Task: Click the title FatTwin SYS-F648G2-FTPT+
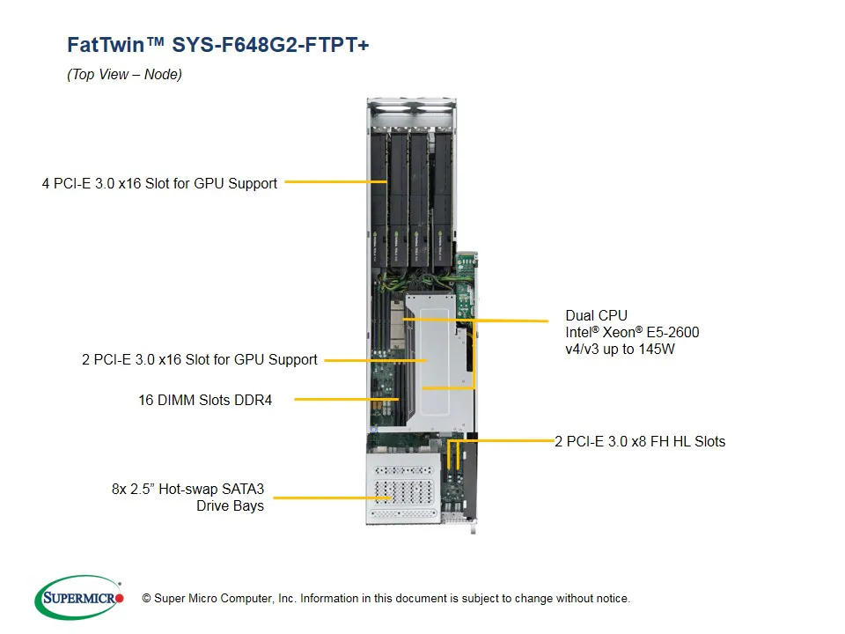pos(217,45)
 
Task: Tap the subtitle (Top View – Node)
pos(124,75)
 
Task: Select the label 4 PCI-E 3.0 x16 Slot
pos(159,184)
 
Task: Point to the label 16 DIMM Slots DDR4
pos(205,400)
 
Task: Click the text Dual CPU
pos(596,315)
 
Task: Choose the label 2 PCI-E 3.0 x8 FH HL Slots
pos(640,441)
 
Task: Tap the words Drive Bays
pos(230,505)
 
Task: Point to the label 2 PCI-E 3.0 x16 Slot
pos(200,359)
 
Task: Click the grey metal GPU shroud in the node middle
pos(440,348)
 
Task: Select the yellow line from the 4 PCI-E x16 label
pos(334,182)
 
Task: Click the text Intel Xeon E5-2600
pos(632,332)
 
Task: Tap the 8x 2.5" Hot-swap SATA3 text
pos(187,489)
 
